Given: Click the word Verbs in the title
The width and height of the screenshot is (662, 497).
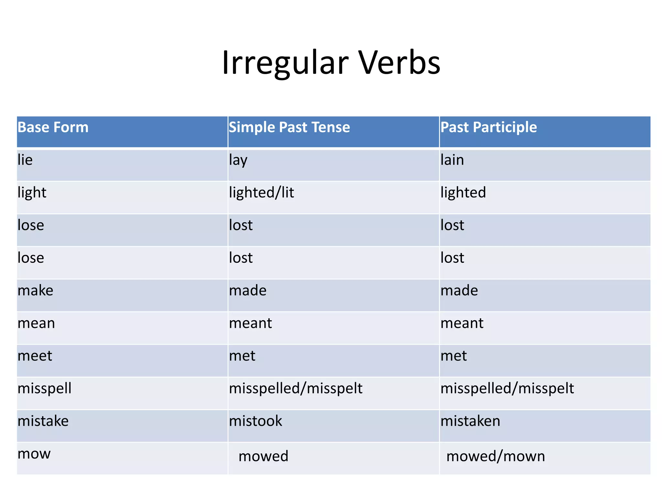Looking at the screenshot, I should point(399,63).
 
